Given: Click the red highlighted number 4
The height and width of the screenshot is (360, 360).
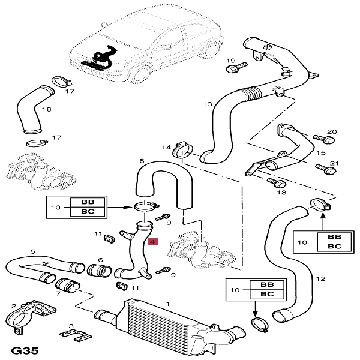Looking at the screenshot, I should [x=152, y=243].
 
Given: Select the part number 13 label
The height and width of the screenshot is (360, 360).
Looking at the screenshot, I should [x=207, y=104].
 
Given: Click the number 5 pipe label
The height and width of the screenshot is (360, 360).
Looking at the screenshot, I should [x=33, y=251].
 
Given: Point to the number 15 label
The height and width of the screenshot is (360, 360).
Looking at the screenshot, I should [x=320, y=154].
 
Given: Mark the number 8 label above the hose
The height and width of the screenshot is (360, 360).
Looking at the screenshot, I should [x=142, y=161].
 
